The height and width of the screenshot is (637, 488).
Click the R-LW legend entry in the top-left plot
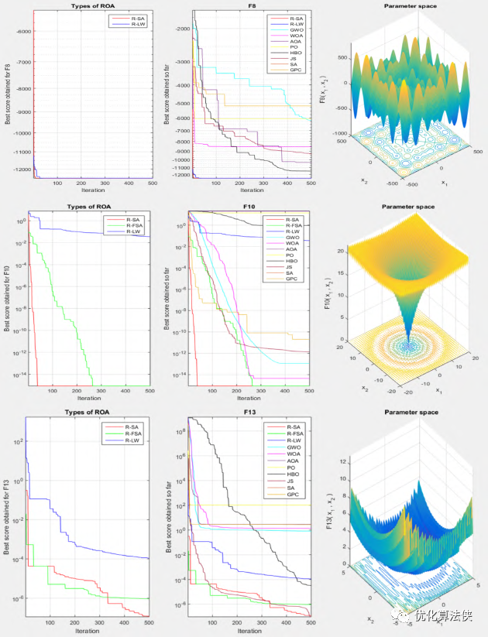(134, 25)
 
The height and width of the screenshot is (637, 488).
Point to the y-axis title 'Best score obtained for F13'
(7, 503)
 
